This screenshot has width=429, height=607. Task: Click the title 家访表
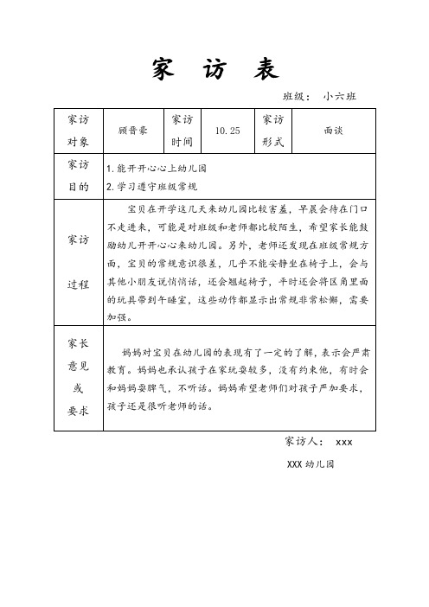(x=214, y=68)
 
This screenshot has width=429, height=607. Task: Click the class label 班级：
(x=298, y=97)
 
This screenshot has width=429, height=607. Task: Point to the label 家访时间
(x=183, y=131)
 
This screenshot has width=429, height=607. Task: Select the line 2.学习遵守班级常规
(x=150, y=186)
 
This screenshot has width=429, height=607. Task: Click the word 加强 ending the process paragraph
(x=116, y=317)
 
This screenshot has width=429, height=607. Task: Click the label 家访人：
(x=304, y=442)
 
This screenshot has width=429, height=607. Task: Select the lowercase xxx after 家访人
(x=343, y=442)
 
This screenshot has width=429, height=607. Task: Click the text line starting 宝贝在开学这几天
(x=251, y=208)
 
